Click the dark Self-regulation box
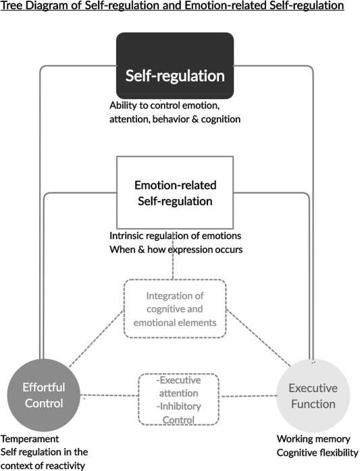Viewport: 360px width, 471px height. [174, 66]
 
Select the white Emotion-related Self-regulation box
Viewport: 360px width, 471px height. [174, 192]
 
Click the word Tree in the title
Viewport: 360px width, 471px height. [14, 6]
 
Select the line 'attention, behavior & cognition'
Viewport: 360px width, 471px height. [174, 119]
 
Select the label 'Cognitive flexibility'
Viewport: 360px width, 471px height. [317, 452]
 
